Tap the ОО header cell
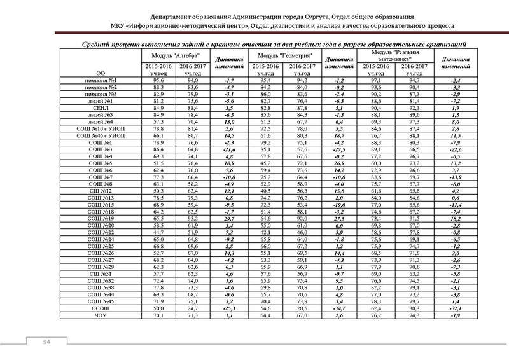(x=101, y=73)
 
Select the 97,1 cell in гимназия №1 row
(x=371, y=81)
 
